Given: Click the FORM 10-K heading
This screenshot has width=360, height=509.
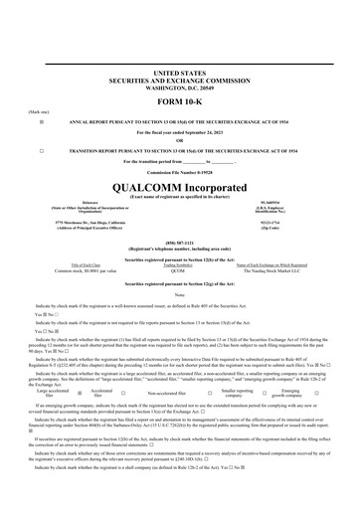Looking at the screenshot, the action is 180,103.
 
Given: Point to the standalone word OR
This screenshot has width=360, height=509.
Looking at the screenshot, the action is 180,139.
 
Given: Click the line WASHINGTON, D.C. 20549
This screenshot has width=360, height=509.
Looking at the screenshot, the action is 180,88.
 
